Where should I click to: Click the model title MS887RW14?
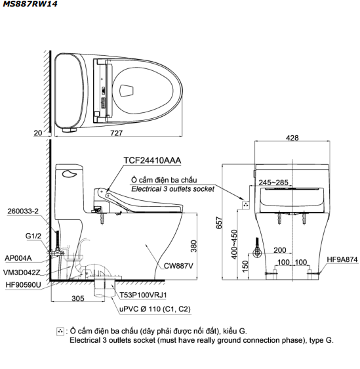pyautogui.click(x=30, y=4)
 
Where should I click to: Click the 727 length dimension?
pyautogui.click(x=117, y=133)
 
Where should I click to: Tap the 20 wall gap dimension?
pyautogui.click(x=37, y=133)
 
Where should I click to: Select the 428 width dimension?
pyautogui.click(x=292, y=138)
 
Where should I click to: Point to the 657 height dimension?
pyautogui.click(x=219, y=223)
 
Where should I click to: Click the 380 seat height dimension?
pyautogui.click(x=193, y=246)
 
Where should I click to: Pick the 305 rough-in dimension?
pyautogui.click(x=78, y=298)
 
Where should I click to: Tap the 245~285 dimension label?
pyautogui.click(x=273, y=183)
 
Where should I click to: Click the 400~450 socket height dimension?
pyautogui.click(x=234, y=244)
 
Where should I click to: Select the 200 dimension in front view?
pyautogui.click(x=280, y=250)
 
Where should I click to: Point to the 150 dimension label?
pyautogui.click(x=245, y=267)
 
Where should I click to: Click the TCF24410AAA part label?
pyautogui.click(x=152, y=160)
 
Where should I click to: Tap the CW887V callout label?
pyautogui.click(x=178, y=266)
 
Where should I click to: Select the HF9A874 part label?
pyautogui.click(x=342, y=259)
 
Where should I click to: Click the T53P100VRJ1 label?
pyautogui.click(x=143, y=295)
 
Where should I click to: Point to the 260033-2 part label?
pyautogui.click(x=23, y=211)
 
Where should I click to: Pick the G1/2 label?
pyautogui.click(x=33, y=236)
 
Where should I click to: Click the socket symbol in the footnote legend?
pyautogui.click(x=60, y=332)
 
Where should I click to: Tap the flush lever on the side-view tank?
pyautogui.click(x=70, y=174)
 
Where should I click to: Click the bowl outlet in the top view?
pyautogui.click(x=127, y=91)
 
